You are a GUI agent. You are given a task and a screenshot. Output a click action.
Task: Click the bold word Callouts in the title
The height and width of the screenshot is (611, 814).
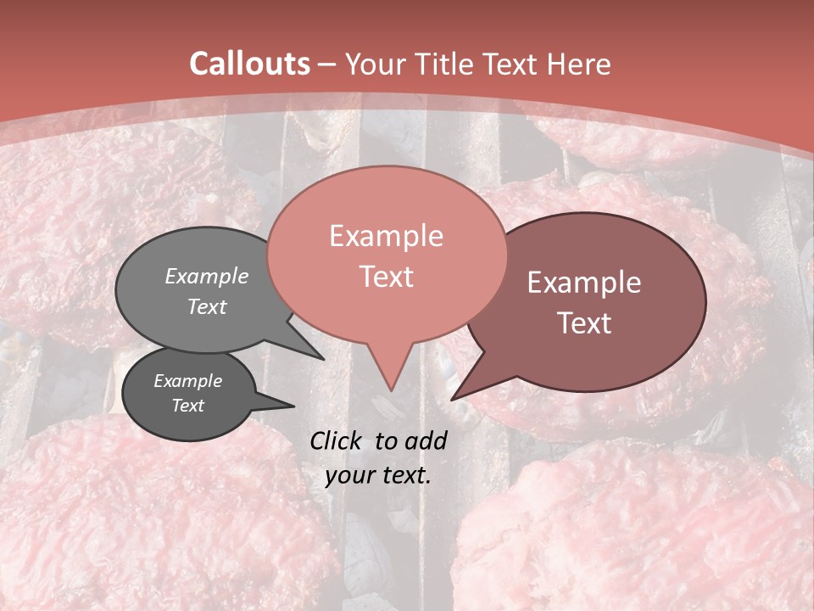pos(249,64)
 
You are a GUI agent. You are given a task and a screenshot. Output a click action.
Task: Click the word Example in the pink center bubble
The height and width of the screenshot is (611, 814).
pos(386,236)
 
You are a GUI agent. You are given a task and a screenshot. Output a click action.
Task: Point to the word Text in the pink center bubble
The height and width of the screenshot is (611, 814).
pos(386,277)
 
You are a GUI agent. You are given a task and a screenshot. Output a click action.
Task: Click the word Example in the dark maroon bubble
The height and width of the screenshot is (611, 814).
pos(584,283)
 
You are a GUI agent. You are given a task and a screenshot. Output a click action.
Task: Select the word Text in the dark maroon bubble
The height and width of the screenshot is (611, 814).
pos(584,323)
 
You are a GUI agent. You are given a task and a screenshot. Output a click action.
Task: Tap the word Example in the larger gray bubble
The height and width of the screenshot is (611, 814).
pos(207,276)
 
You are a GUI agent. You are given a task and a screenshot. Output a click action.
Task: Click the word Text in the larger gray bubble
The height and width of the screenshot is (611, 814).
pos(207,306)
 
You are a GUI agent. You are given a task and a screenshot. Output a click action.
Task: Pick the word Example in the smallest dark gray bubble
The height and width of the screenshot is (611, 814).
pos(187,381)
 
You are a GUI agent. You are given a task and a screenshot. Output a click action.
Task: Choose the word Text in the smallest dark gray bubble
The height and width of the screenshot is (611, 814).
pos(187,406)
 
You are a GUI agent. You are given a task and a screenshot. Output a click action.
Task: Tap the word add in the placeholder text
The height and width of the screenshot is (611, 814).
pos(427,440)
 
